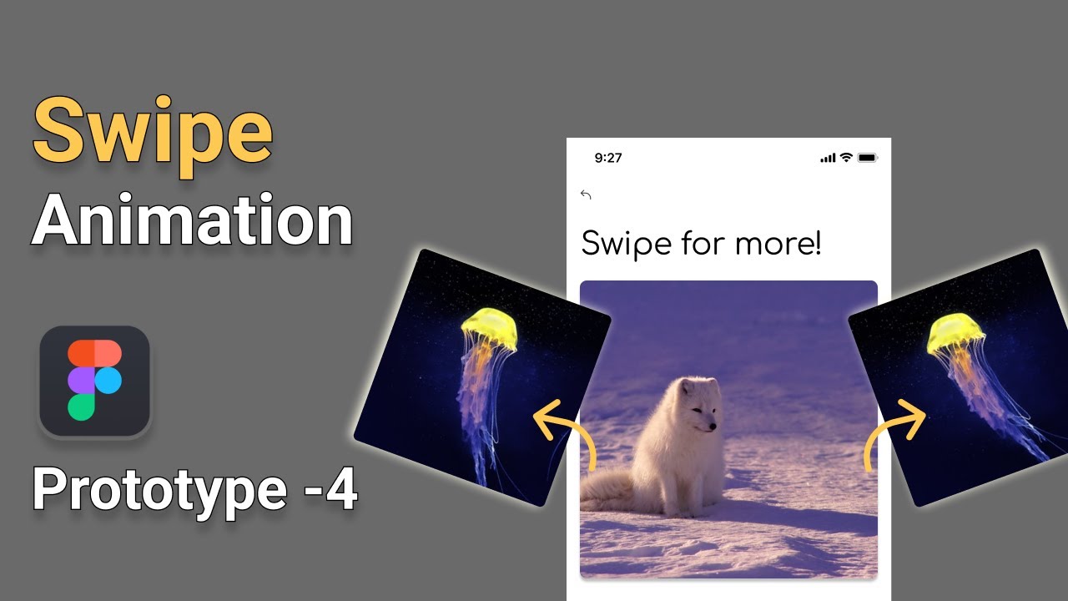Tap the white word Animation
point(192,220)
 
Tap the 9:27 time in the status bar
point(608,158)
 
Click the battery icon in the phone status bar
point(868,158)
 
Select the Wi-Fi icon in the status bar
point(846,157)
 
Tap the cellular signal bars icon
point(828,158)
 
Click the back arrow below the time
point(586,195)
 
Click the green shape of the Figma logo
point(82,407)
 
